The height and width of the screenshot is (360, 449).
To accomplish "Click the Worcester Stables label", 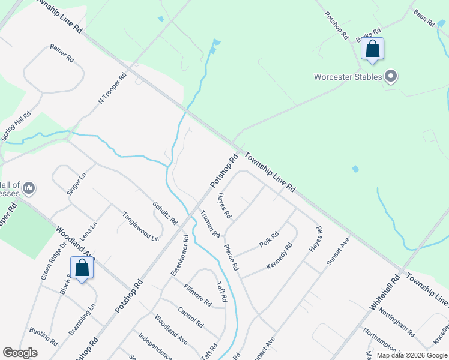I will point(348,77).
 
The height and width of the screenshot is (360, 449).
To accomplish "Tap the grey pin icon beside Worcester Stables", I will point(391,76).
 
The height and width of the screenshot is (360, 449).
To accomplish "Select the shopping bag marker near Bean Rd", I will point(372,50).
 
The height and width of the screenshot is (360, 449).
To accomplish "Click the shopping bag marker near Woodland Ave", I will point(82,268).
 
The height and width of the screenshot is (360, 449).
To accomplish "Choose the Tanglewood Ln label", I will point(140,226).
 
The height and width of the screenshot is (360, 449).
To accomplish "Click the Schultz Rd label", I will point(164,212).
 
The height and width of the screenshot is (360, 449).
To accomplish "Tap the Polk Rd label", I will point(269,239).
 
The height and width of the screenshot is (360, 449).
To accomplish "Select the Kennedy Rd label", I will point(280,255).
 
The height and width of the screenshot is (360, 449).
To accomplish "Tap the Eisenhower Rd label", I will point(179,255).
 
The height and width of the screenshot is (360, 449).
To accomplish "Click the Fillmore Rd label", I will point(197,294).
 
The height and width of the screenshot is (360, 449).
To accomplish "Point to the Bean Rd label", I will point(424,17).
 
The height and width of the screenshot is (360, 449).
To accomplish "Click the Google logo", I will point(20,353).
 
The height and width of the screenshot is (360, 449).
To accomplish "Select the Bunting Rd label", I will point(43,337).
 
